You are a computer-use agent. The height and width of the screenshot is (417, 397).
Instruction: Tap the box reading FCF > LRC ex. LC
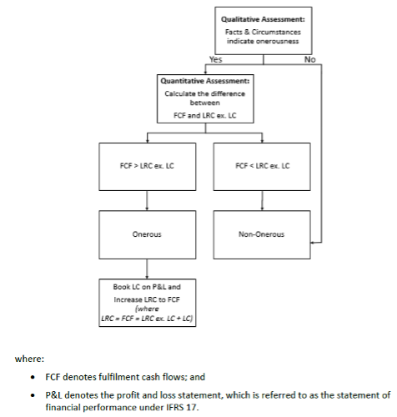[x=148, y=166]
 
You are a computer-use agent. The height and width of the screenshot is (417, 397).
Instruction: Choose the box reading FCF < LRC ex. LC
[x=262, y=166]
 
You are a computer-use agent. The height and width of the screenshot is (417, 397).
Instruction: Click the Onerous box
[x=148, y=234]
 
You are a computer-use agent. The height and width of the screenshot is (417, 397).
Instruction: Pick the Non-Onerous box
[x=262, y=234]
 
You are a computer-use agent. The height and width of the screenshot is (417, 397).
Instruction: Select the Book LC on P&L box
[x=148, y=303]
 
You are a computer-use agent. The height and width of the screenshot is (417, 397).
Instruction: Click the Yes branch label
[x=216, y=60]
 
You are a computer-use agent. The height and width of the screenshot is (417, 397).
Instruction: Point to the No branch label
[x=310, y=60]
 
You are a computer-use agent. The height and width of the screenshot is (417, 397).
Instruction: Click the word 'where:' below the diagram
[x=29, y=359]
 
